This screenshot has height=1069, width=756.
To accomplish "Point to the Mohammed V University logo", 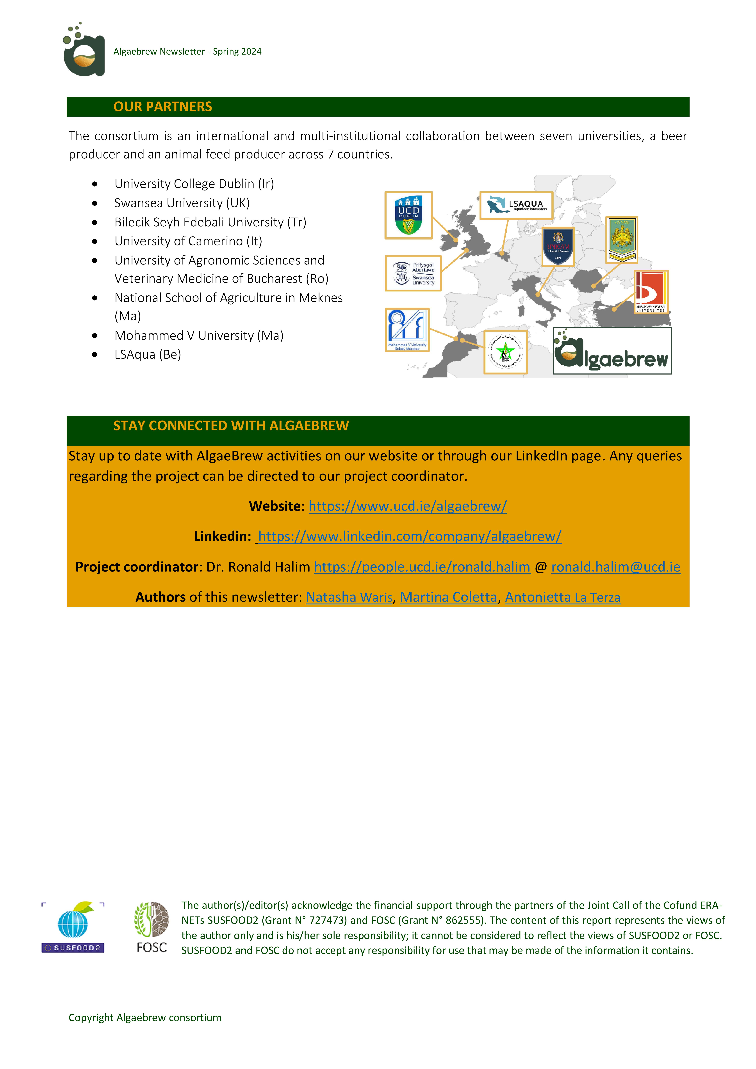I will (407, 330).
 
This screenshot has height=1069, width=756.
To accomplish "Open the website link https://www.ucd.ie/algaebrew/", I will (408, 506).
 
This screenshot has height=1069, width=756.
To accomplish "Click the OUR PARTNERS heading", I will (163, 107).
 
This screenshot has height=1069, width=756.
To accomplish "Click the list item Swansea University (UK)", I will (182, 203).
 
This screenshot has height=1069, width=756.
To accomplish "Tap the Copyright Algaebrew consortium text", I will (145, 1017).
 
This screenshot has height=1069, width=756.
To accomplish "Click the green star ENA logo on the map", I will (505, 352).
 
